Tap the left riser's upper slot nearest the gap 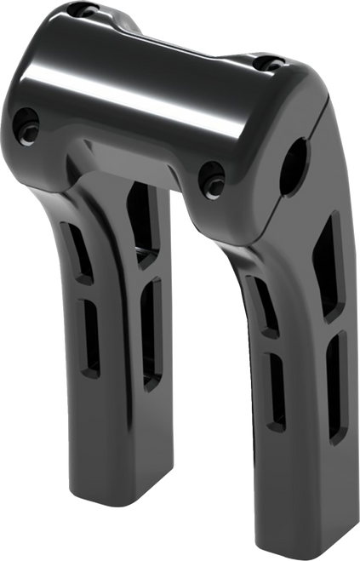coord(142,226)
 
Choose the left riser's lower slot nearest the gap coord(151,332)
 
